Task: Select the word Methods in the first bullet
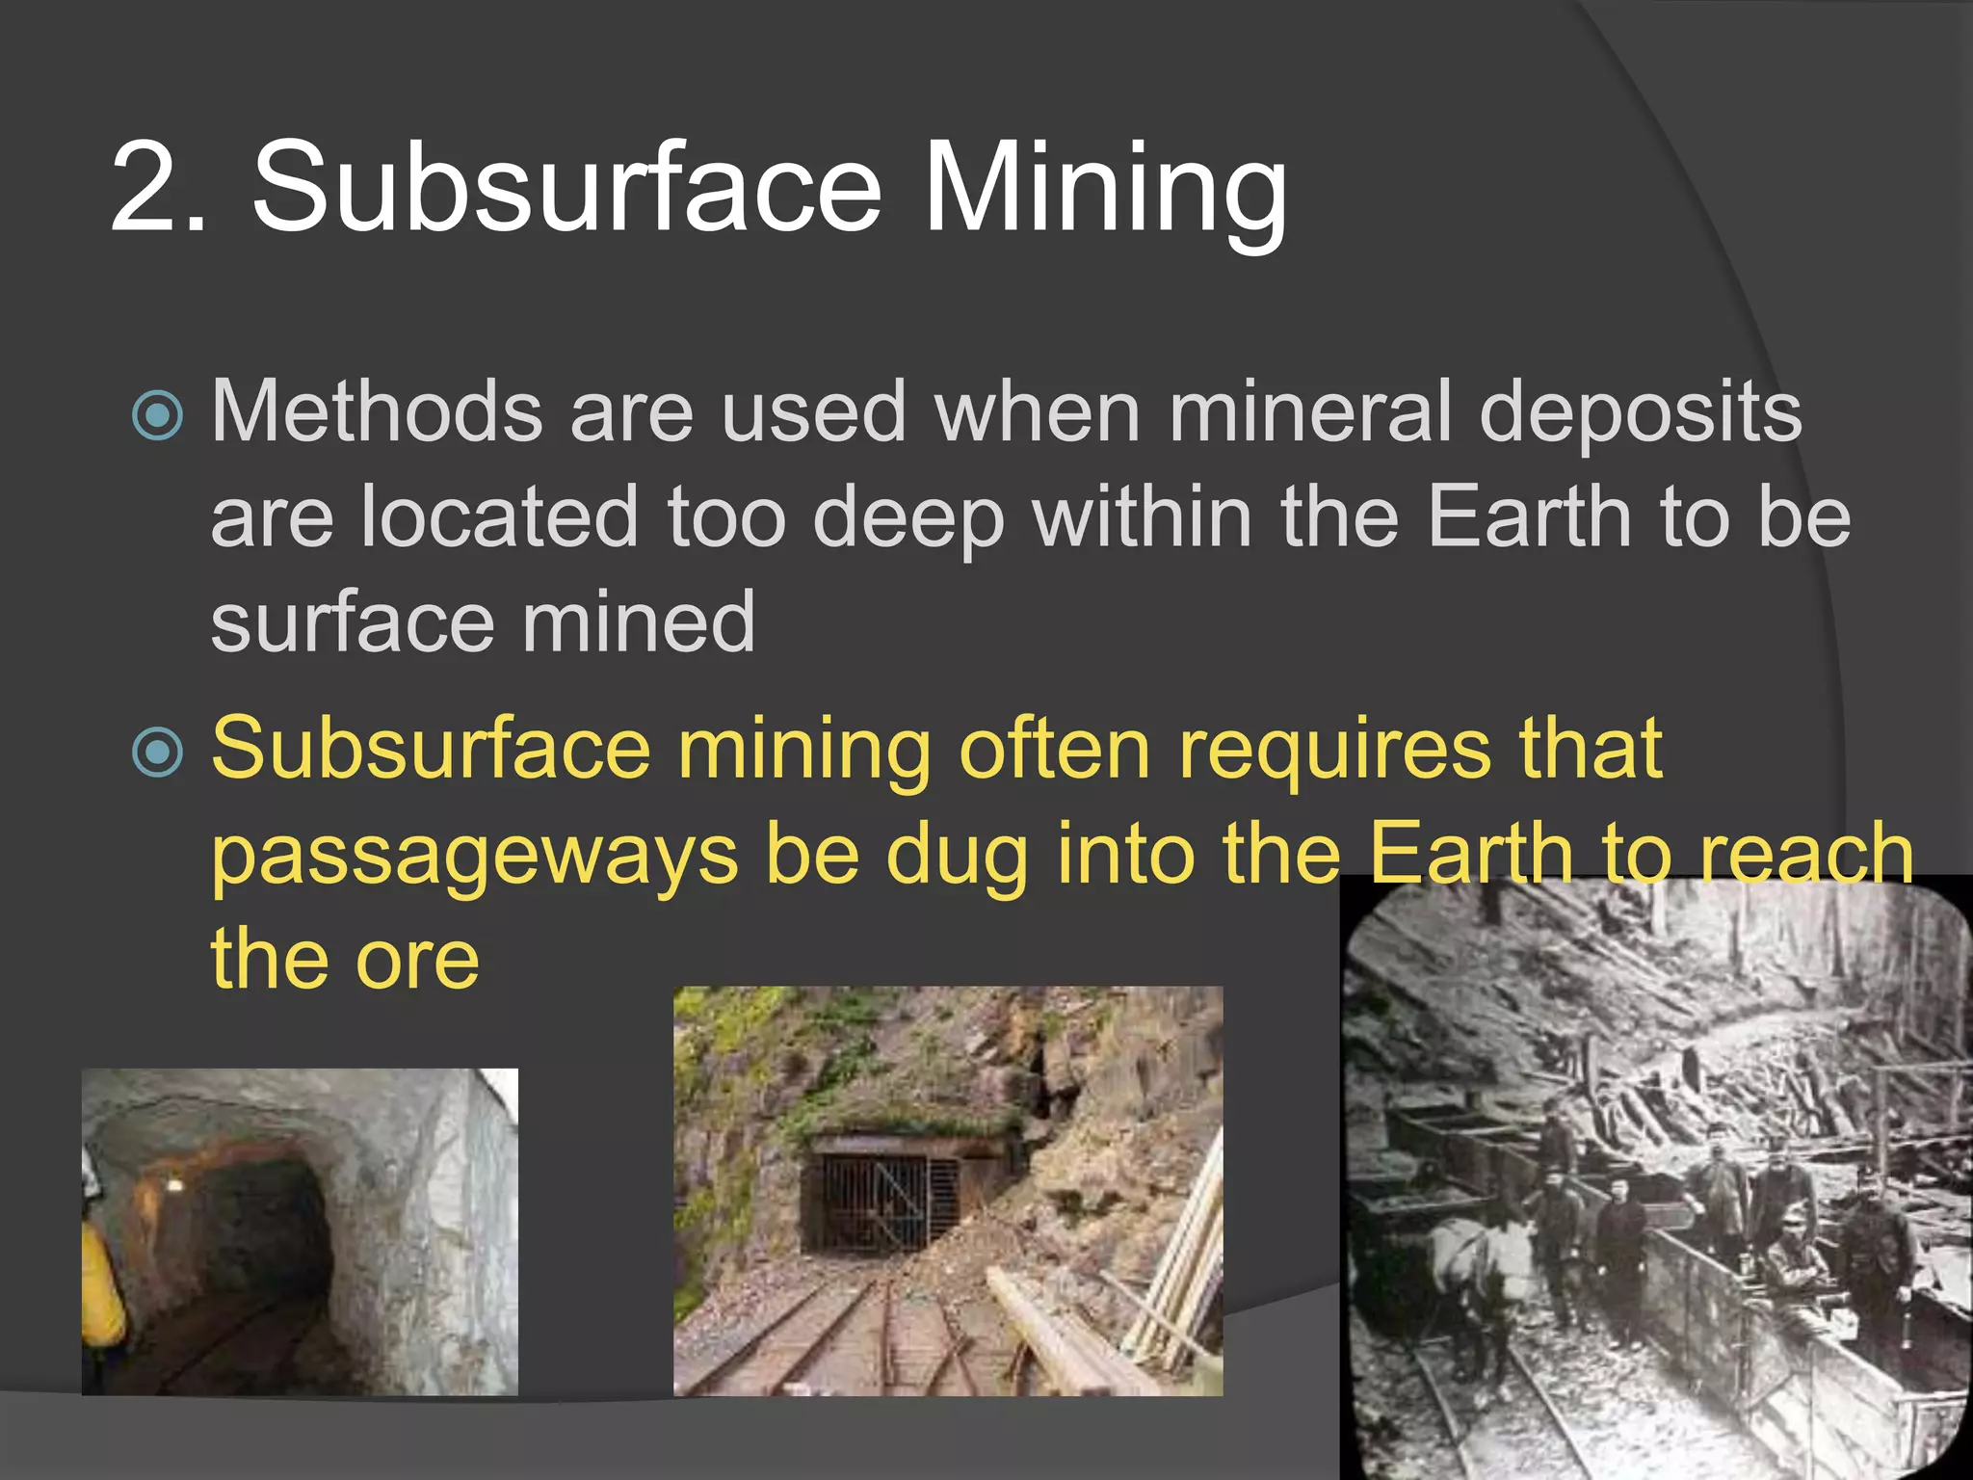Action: coord(377,411)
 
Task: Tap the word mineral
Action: coord(1310,411)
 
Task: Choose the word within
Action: coord(1143,517)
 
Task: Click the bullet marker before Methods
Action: coord(157,415)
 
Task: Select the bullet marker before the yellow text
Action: coord(157,753)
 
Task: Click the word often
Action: coord(1054,749)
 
